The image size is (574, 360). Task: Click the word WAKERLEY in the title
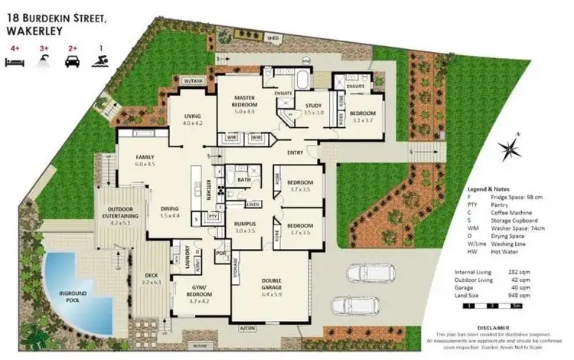(x=35, y=31)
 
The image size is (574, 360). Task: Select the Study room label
(x=315, y=106)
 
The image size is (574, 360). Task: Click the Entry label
(x=295, y=152)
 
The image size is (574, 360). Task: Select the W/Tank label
(x=191, y=80)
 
